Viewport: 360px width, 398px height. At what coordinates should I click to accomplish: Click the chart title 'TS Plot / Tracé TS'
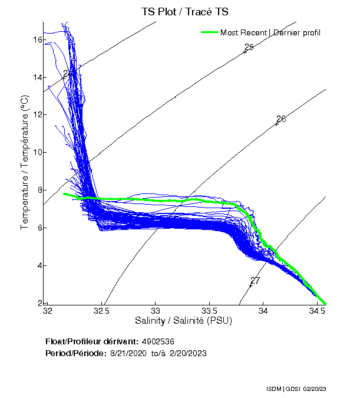coord(184,12)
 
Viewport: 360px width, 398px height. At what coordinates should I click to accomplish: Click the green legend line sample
coord(209,32)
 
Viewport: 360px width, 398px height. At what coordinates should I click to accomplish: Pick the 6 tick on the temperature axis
coord(38,228)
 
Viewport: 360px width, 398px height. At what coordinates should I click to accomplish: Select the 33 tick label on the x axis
coord(156,310)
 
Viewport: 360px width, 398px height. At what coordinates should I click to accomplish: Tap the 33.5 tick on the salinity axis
coord(210,310)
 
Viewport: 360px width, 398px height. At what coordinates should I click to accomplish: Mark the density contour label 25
coord(249,47)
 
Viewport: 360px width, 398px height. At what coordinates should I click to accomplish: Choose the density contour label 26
coord(281,119)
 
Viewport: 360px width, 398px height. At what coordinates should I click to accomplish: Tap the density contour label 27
coord(255,281)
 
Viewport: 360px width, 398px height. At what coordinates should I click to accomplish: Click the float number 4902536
coord(157,341)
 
